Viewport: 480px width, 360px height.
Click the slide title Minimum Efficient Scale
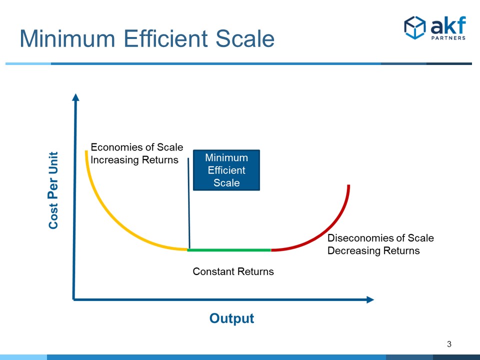click(147, 39)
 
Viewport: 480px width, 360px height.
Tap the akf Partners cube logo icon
click(414, 27)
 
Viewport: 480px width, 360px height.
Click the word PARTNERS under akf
click(448, 37)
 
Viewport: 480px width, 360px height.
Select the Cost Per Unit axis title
click(53, 190)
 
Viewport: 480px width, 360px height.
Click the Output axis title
click(231, 318)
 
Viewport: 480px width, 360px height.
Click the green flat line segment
click(230, 249)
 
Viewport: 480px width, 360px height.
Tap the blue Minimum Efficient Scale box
click(226, 170)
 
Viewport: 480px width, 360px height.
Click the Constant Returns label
click(233, 271)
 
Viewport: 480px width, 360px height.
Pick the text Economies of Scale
click(136, 147)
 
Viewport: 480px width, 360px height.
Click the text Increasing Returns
click(134, 160)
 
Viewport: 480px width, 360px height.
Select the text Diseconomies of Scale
click(380, 238)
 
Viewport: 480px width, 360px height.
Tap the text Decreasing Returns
click(373, 250)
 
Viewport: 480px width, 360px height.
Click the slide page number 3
click(449, 344)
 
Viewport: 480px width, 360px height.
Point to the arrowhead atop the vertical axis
click(75, 96)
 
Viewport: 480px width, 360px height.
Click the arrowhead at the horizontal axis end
click(369, 299)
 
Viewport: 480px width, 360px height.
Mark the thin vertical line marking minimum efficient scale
click(188, 205)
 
